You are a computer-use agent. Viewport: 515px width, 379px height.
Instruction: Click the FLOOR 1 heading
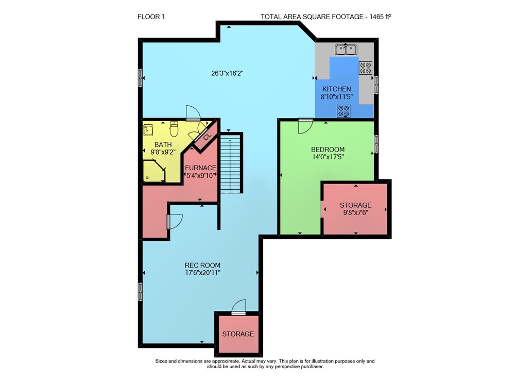coord(151,17)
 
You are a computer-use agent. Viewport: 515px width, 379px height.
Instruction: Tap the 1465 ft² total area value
coord(381,17)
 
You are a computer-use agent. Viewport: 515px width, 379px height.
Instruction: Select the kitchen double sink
coord(346,50)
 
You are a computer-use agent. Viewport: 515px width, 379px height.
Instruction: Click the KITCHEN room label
coord(337,89)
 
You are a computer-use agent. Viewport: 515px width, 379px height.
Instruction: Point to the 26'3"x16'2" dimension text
coord(227,73)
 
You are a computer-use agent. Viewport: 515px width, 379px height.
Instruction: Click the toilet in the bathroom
coord(174,128)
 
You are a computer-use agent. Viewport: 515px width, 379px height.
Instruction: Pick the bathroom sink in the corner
coord(148,130)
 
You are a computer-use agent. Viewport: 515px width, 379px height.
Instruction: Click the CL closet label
coord(207,137)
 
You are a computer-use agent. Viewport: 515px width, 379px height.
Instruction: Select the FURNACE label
coord(201,168)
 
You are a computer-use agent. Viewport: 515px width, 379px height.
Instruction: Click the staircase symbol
coord(231,162)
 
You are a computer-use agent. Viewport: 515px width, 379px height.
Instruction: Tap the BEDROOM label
coord(328,150)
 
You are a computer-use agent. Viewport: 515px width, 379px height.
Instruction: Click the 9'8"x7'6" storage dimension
coord(356,212)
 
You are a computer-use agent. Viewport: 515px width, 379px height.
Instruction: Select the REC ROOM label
coord(202,265)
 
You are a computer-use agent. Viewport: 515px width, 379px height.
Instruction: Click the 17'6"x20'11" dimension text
coord(202,273)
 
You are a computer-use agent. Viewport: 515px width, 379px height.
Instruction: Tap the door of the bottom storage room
coord(239,307)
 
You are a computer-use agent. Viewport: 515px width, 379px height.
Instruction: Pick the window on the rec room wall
coord(141,291)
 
